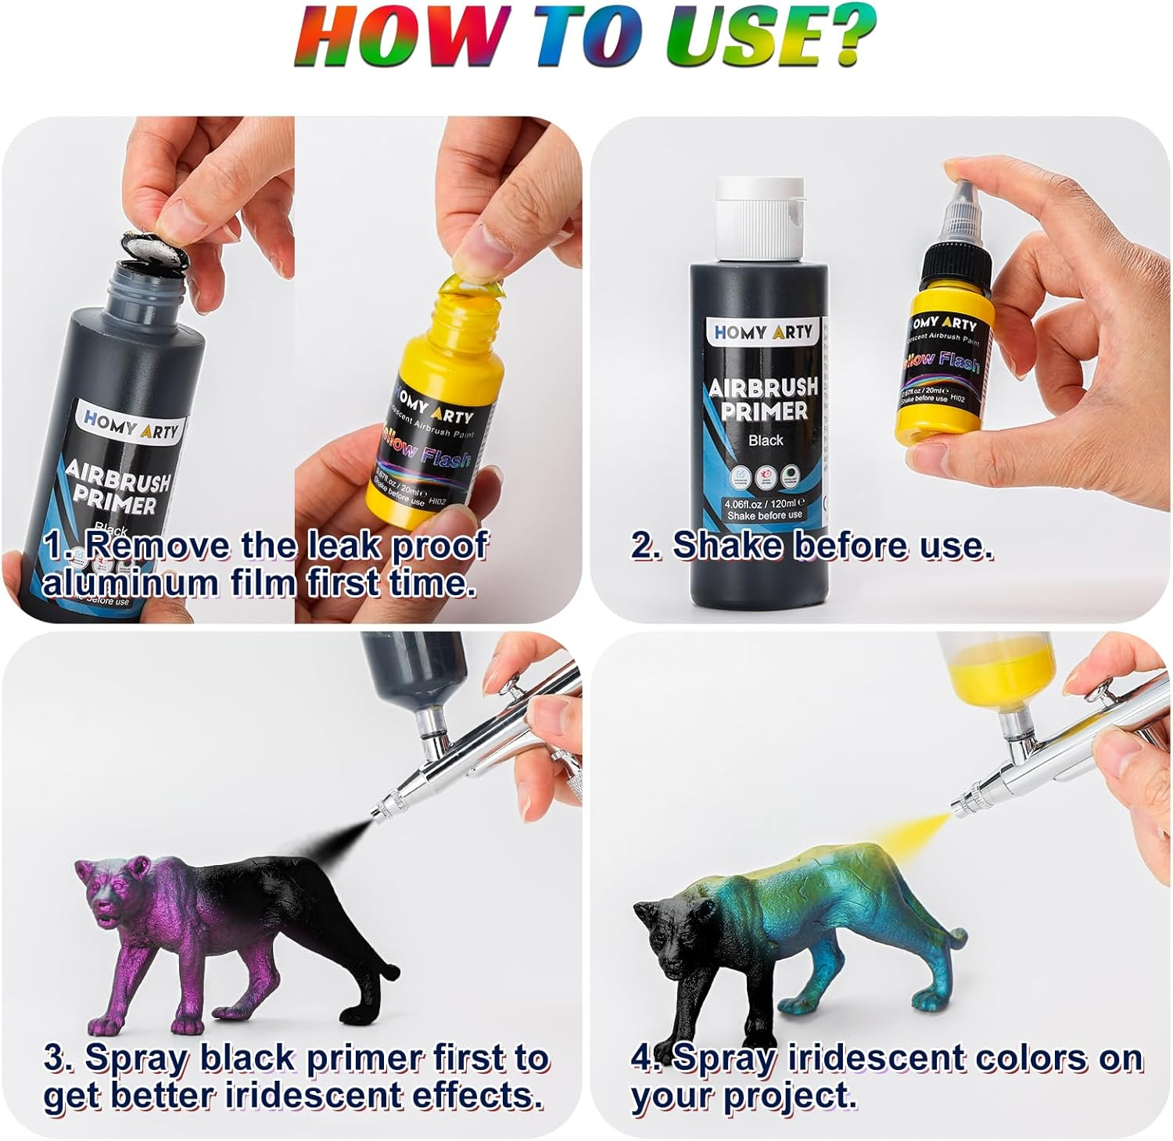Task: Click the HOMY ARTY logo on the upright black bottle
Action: point(763,332)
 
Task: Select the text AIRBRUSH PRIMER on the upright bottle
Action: point(762,399)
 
